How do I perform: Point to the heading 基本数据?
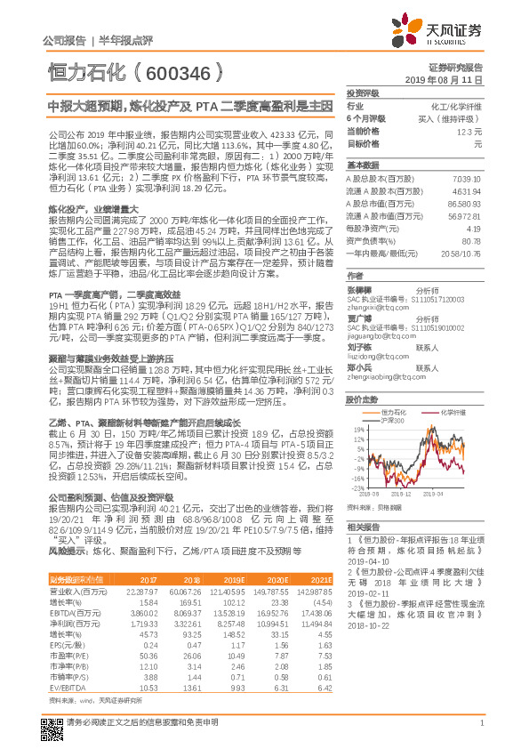[363, 165]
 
